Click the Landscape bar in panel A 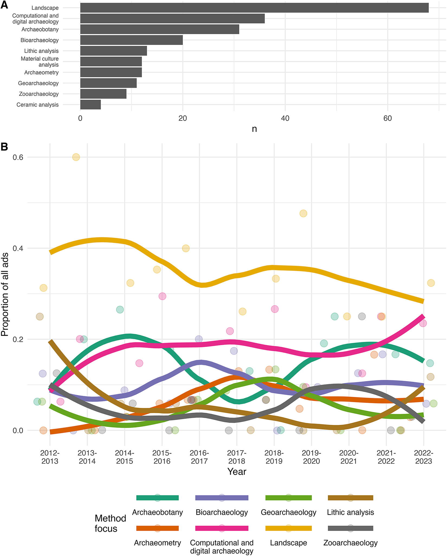pos(254,8)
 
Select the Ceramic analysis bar pos(90,105)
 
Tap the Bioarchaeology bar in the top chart pos(131,40)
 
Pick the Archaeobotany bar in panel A pos(160,29)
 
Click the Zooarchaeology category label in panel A pos(39,94)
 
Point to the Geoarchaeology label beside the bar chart pos(38,83)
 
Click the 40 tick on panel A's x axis pos(285,118)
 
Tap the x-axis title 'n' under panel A pos(254,129)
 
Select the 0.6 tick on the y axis pos(18,157)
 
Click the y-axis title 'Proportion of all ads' pos(5,295)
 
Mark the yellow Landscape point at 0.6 pos(76,157)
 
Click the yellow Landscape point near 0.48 pos(303,214)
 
